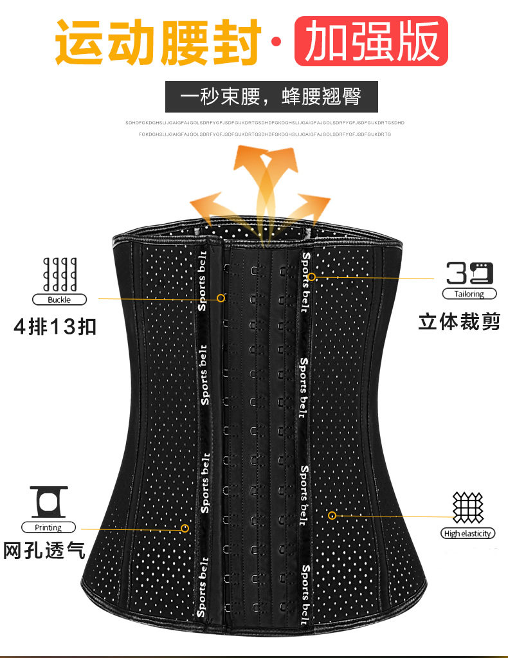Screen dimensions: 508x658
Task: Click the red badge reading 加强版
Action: [371, 41]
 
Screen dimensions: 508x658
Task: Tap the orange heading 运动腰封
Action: [158, 42]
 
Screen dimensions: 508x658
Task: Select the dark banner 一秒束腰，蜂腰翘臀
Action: [271, 97]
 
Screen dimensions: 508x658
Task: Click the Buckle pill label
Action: [59, 300]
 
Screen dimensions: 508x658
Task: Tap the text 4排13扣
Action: [55, 327]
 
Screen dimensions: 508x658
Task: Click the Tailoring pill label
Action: [469, 294]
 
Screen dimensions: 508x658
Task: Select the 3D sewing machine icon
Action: [469, 273]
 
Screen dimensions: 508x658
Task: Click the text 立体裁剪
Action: [458, 321]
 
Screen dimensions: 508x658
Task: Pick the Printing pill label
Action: [48, 527]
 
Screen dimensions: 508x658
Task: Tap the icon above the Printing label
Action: [48, 500]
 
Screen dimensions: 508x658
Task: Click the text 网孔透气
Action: [44, 551]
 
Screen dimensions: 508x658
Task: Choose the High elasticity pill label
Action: [467, 533]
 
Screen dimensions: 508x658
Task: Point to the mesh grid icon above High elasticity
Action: [468, 507]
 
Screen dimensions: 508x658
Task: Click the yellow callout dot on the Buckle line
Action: [221, 298]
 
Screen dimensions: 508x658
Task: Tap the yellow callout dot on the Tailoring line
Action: [311, 277]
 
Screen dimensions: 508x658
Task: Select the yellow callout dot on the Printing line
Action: [185, 528]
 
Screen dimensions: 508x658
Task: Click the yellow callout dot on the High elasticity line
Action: [332, 515]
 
